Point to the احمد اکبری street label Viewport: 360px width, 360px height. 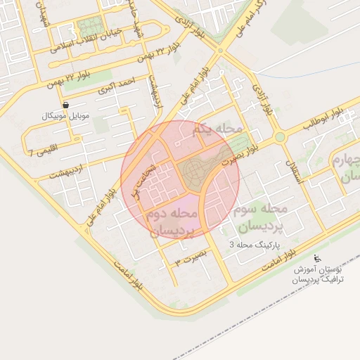[x=116, y=86]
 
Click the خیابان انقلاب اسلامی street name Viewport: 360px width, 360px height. [x=85, y=45]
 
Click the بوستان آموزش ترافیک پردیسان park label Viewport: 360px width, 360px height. [x=320, y=274]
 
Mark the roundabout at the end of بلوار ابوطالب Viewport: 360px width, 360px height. [x=280, y=136]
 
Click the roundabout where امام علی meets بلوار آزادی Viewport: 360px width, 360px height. [x=220, y=51]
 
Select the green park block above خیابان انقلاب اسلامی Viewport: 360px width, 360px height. [x=90, y=29]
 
